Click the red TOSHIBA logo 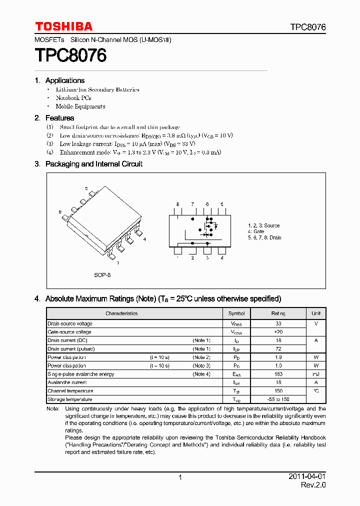[63, 26]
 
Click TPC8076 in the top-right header [307, 27]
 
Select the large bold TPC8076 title [70, 55]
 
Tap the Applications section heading [64, 80]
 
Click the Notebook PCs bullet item [73, 98]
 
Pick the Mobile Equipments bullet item [80, 106]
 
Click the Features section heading [59, 118]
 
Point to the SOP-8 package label [102, 275]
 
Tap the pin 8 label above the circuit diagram [177, 204]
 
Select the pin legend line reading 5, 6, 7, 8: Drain [264, 237]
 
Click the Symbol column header [236, 313]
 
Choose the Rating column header [278, 313]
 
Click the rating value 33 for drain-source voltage [278, 323]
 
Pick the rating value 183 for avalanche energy [278, 374]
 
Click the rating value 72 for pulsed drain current [278, 348]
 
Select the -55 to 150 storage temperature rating [278, 399]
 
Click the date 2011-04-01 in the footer [307, 476]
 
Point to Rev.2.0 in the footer [313, 485]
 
